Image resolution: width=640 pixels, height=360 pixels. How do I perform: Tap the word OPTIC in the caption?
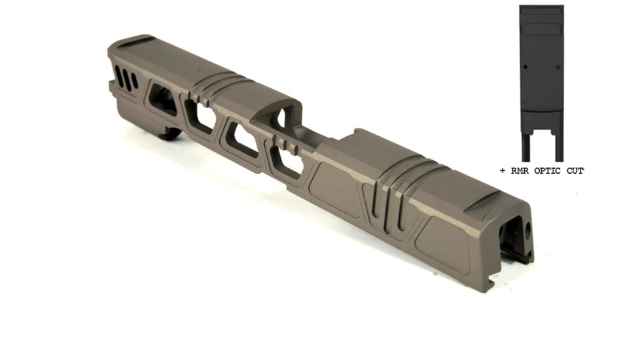click(x=547, y=171)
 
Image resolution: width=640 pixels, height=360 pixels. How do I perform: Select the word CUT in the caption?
click(x=575, y=171)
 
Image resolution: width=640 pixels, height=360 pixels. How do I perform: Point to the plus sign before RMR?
click(x=503, y=171)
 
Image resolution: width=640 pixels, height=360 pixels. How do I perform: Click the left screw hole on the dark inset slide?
click(x=525, y=67)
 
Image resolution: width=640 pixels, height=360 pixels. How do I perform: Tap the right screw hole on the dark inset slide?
click(x=558, y=67)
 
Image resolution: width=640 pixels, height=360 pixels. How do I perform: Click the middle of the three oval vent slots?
click(x=127, y=81)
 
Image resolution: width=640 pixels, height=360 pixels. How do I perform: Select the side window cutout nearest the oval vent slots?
click(x=163, y=98)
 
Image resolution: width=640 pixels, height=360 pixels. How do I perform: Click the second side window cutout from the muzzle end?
click(x=200, y=115)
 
